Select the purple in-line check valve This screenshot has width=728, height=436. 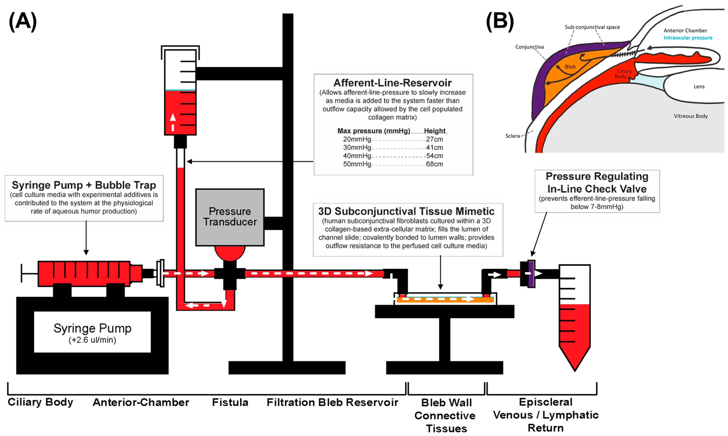[x=531, y=274]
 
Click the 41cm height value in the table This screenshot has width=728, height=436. [x=434, y=148]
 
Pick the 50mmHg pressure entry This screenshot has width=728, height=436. [x=357, y=164]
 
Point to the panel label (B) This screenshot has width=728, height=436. [x=500, y=22]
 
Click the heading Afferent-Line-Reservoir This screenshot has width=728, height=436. [x=393, y=83]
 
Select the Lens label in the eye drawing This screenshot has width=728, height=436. [x=699, y=86]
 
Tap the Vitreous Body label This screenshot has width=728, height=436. [x=691, y=116]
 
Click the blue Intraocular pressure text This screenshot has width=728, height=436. [x=688, y=38]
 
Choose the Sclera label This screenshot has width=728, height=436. [x=512, y=136]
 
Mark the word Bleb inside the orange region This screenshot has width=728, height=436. [x=570, y=67]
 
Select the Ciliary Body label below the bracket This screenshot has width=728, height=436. [x=40, y=402]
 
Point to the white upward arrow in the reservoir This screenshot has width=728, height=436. [x=173, y=117]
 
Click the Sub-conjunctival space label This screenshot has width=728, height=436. [x=592, y=27]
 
